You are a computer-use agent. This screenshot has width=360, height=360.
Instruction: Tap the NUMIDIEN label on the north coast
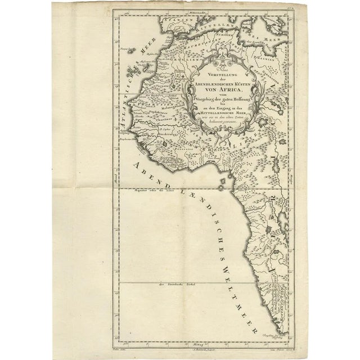click(227, 34)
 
